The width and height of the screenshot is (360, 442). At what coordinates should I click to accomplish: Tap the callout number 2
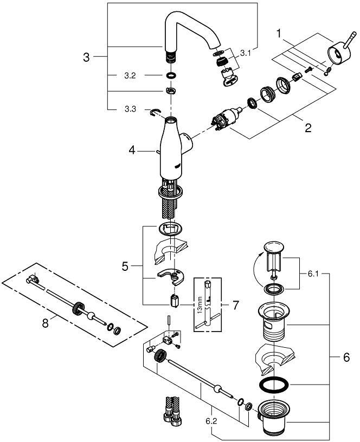(x=308, y=128)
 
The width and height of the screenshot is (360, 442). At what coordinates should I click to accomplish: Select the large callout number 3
(x=86, y=57)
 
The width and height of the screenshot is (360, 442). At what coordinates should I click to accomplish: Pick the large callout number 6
(x=346, y=357)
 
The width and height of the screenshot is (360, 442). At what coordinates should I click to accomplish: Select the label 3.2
(x=130, y=76)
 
